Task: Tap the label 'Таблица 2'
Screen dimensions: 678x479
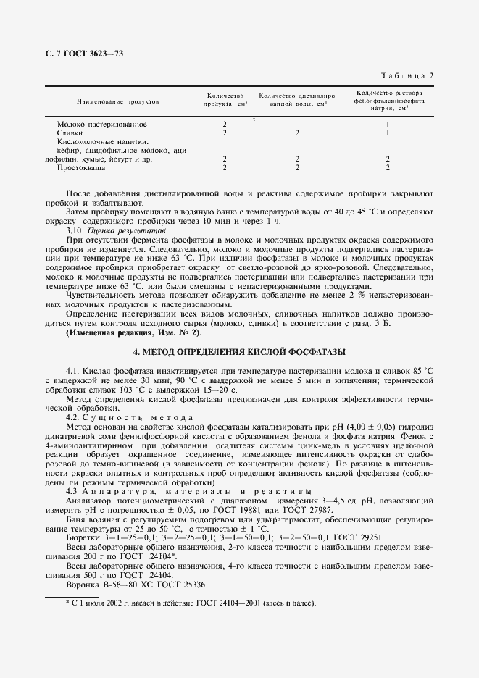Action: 407,76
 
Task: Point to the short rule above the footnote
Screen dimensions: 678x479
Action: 72,595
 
